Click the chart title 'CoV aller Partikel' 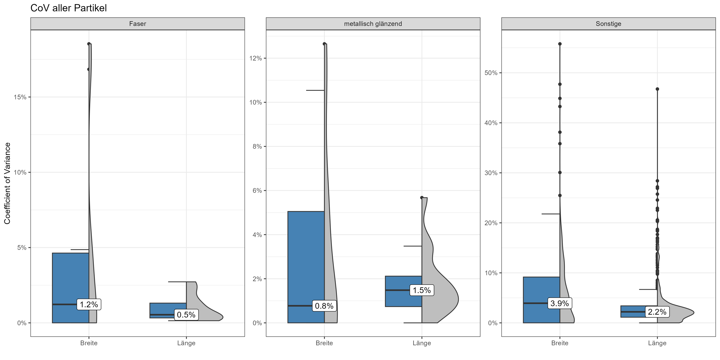[68, 8]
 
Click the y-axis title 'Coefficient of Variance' [7, 183]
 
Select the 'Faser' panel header [137, 24]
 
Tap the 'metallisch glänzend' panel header [373, 24]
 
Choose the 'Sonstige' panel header [608, 24]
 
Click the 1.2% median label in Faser [89, 304]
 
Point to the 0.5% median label [186, 315]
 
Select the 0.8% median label [324, 306]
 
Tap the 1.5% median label [422, 290]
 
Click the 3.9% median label [560, 303]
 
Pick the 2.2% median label [657, 312]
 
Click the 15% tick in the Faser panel [20, 97]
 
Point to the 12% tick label [255, 58]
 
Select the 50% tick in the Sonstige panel [491, 73]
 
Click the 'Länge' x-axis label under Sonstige [657, 343]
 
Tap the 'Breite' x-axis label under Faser [89, 343]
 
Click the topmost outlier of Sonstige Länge [657, 89]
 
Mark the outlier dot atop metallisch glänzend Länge [422, 197]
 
